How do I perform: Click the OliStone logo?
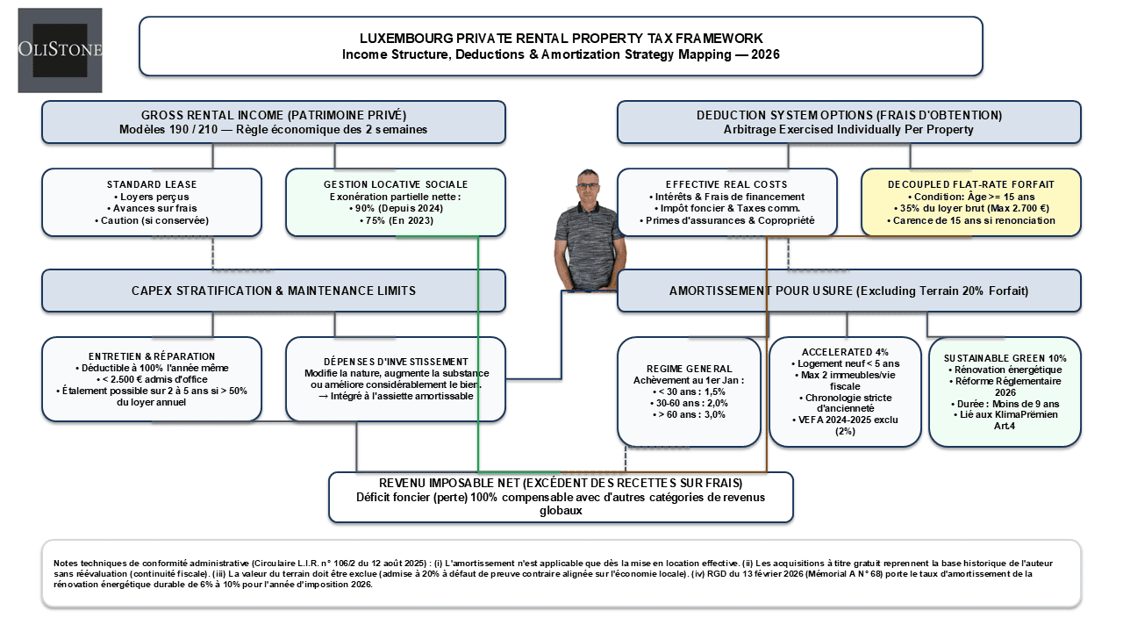click(x=61, y=50)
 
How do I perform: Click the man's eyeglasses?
click(x=588, y=186)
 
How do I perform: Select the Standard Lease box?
click(x=152, y=203)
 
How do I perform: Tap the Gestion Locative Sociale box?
click(x=396, y=203)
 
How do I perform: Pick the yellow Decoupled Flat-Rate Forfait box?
click(x=971, y=203)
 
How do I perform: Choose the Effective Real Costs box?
click(x=727, y=203)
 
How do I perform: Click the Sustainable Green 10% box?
click(x=1005, y=391)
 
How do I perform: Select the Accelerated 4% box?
click(x=845, y=391)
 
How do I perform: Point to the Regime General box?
click(x=689, y=391)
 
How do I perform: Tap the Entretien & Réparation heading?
click(x=152, y=356)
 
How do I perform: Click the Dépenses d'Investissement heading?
click(x=396, y=362)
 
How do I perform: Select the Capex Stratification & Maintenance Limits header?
click(x=274, y=291)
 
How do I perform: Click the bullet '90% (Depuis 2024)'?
click(x=396, y=208)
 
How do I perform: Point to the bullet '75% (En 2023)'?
click(x=396, y=220)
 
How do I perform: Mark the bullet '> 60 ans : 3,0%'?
click(x=689, y=415)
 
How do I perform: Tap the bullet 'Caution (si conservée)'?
click(x=152, y=220)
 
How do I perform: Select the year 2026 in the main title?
click(x=766, y=54)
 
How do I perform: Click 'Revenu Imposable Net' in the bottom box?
click(x=448, y=483)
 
